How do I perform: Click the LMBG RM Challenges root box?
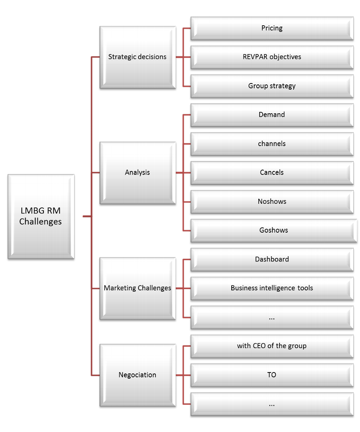click(40, 217)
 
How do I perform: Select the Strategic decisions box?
click(137, 57)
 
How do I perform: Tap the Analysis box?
click(137, 172)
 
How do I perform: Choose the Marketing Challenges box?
click(137, 288)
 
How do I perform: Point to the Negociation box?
click(137, 375)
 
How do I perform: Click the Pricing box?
click(272, 28)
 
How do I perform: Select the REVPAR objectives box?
click(272, 57)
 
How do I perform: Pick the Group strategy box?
click(272, 86)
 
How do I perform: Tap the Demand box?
click(272, 115)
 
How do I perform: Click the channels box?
click(272, 143)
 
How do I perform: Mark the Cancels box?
click(272, 172)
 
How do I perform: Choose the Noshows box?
click(272, 201)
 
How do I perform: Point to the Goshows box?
click(272, 230)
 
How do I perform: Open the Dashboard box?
click(272, 259)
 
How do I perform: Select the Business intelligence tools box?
click(272, 288)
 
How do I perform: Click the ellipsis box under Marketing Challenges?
click(272, 317)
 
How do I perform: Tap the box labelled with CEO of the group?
click(272, 345)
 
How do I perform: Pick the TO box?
click(272, 375)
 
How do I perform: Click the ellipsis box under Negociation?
click(272, 404)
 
